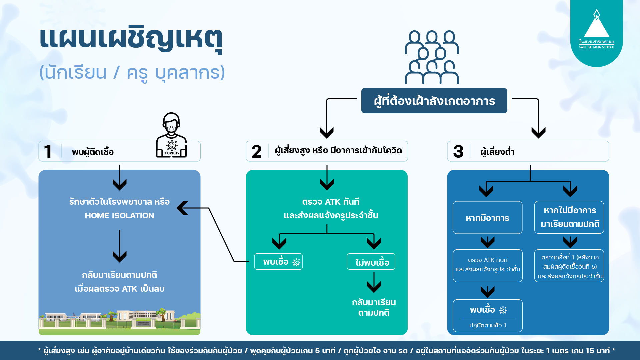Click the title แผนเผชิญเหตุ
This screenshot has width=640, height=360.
(131, 39)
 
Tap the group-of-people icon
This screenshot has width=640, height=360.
(432, 57)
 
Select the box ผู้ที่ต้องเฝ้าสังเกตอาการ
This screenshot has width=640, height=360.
(434, 101)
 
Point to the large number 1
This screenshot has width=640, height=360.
(48, 152)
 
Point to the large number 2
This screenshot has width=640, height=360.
(256, 152)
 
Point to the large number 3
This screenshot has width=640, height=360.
(458, 152)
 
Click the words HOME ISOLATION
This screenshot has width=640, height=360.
(119, 216)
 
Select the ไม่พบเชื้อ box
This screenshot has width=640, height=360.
(371, 262)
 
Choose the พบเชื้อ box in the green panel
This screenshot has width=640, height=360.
(278, 262)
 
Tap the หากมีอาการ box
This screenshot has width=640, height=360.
(487, 218)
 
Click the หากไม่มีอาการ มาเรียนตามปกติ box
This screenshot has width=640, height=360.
(569, 217)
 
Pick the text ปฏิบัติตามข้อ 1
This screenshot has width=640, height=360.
(487, 325)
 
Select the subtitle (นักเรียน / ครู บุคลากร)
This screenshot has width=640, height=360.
(132, 73)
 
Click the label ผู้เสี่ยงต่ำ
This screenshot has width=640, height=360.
(497, 152)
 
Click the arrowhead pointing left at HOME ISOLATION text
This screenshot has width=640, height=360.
(182, 208)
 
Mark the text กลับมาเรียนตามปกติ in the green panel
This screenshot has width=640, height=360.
(374, 307)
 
